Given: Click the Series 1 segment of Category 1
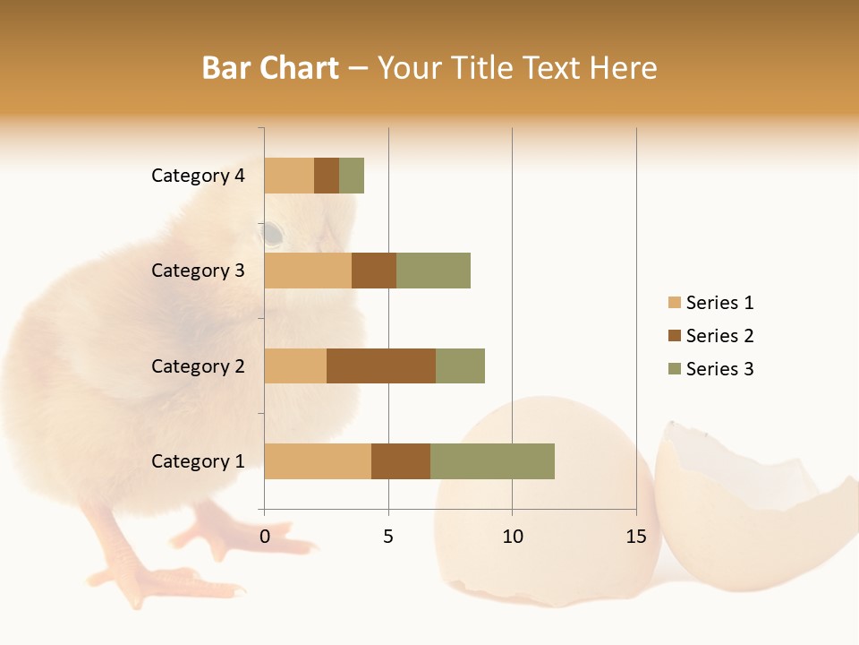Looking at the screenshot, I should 318,461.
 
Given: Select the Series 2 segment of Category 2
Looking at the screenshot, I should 381,365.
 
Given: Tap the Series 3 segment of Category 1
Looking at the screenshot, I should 492,461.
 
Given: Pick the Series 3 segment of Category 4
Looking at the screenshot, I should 352,176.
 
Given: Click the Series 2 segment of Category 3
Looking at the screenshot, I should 374,271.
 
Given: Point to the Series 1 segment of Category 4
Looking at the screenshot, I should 289,176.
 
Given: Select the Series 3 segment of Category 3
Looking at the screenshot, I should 433,271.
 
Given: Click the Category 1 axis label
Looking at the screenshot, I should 198,461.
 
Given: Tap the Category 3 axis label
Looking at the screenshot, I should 198,271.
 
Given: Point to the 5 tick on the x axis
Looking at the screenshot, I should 388,537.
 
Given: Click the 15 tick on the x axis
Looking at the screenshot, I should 635,537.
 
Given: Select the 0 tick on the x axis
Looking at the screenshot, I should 265,537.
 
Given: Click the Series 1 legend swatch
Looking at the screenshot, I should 674,303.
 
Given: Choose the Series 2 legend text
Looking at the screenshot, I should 719,336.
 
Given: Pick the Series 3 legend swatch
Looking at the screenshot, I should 674,369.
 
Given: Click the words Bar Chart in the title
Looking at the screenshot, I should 269,68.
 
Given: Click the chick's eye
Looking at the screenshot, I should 272,235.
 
